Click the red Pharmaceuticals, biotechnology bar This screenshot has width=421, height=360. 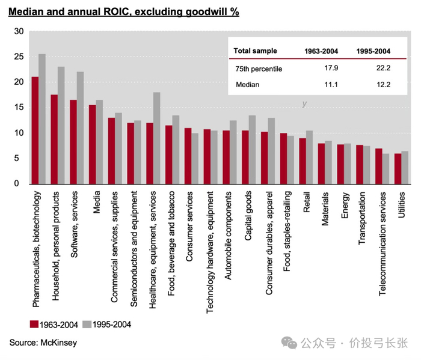click(35, 130)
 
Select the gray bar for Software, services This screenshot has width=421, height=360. click(81, 128)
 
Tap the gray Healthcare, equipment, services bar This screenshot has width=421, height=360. click(157, 138)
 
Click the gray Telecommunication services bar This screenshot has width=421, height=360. click(386, 169)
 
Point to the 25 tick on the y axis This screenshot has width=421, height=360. click(19, 56)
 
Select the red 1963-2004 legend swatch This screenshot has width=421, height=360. click(34, 325)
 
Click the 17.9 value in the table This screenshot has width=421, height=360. click(333, 69)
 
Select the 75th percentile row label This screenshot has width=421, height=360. click(259, 69)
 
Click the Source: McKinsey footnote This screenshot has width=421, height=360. click(43, 343)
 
